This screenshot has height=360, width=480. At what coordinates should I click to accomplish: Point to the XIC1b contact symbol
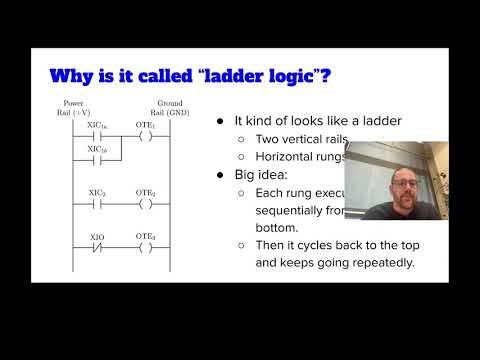[x=98, y=159]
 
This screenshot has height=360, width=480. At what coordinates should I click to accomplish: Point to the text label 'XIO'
[x=97, y=236]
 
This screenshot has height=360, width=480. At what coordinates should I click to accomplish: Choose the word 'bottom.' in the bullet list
[x=274, y=227]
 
